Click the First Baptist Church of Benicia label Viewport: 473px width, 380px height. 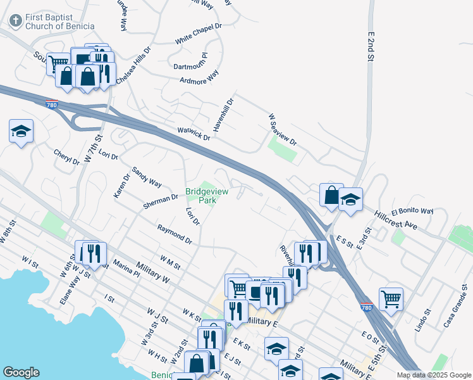point(59,21)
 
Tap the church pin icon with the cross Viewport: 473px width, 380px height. point(15,21)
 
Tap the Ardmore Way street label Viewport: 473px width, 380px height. point(199,77)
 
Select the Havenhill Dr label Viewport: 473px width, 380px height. point(223,114)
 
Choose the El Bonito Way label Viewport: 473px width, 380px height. point(412,211)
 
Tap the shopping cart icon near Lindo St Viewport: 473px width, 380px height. point(391,298)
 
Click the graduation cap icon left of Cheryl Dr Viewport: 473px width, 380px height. point(21,132)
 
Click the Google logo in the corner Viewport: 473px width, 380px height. point(21,372)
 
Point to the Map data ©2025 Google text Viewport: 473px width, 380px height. point(434,375)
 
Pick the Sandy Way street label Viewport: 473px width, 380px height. point(146,177)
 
